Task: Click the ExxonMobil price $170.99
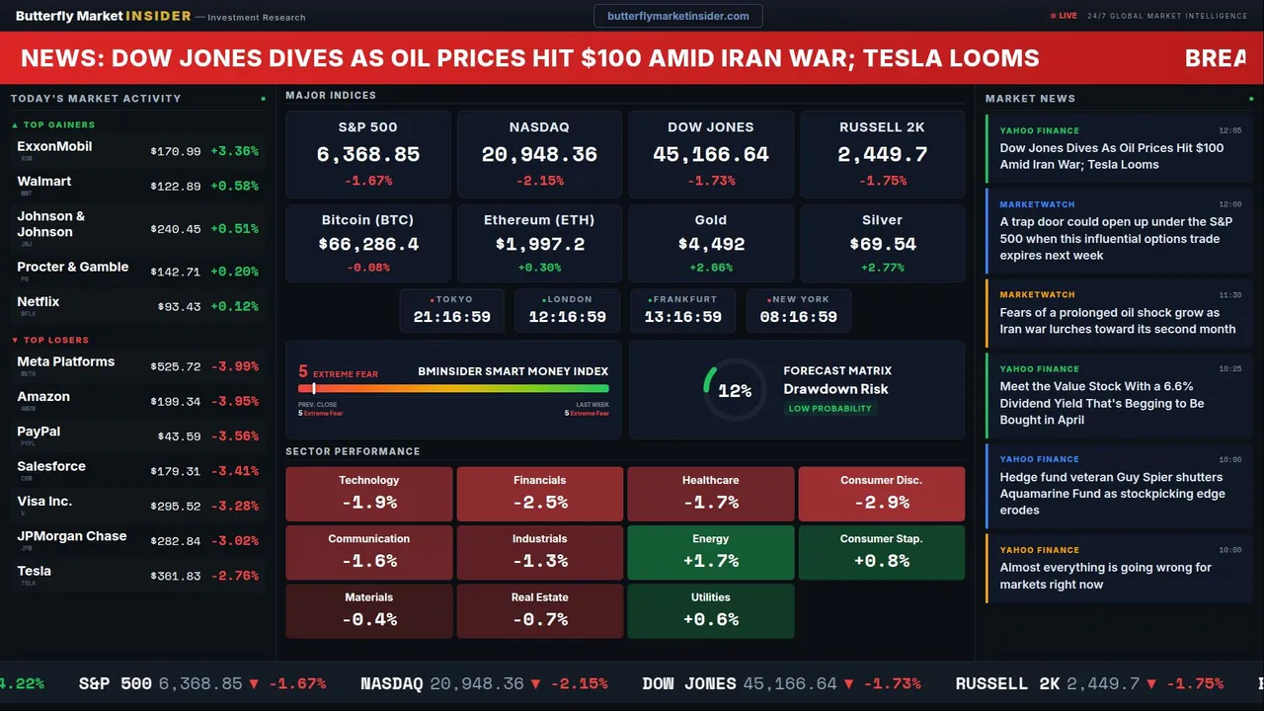[176, 151]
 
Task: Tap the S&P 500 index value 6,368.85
[367, 155]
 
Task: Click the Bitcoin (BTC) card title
[367, 220]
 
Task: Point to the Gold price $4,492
[711, 244]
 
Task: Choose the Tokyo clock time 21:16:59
[451, 317]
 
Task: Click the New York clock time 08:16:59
[798, 317]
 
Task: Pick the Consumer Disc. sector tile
[881, 494]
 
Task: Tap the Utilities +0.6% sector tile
[711, 611]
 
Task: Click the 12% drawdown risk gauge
[734, 391]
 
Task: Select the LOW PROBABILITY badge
[829, 409]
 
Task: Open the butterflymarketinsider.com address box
[677, 16]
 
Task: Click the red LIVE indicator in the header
[1065, 16]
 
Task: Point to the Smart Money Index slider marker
[314, 388]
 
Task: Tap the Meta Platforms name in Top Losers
[66, 361]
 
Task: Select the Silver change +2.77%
[882, 268]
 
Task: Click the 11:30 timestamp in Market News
[1229, 294]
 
